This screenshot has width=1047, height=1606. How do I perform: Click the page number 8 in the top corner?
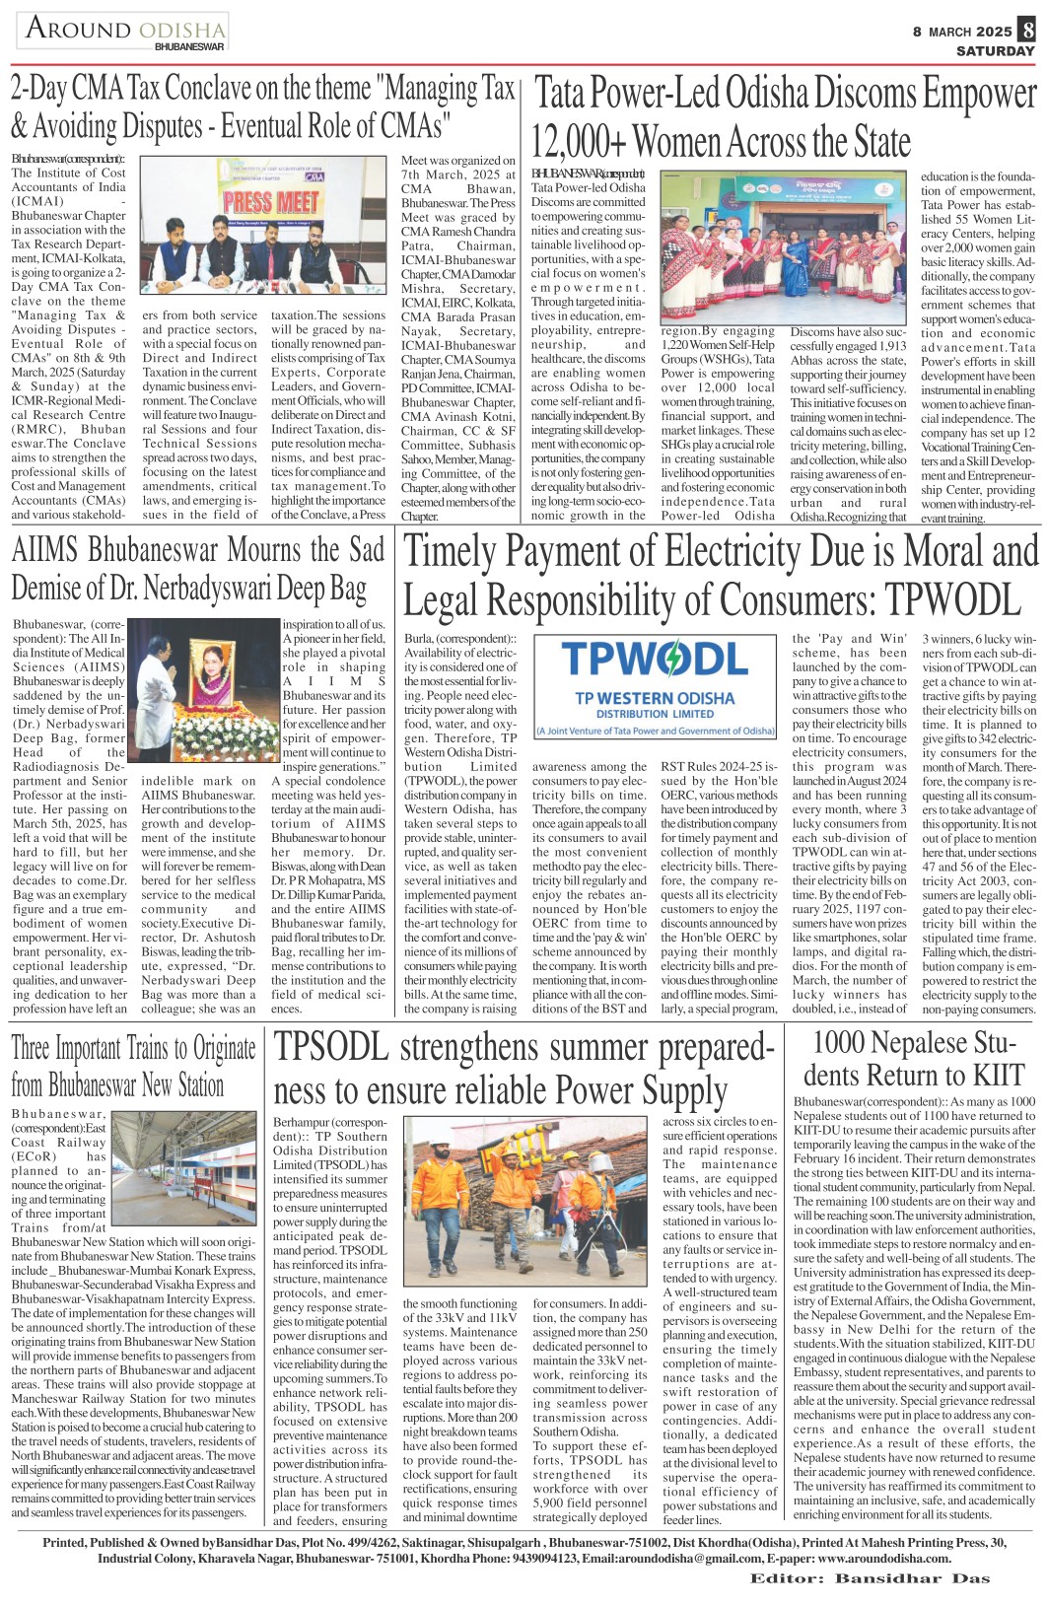pyautogui.click(x=1027, y=30)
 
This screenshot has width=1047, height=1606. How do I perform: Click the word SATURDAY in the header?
pyautogui.click(x=995, y=51)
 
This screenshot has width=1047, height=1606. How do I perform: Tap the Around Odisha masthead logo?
pyautogui.click(x=123, y=32)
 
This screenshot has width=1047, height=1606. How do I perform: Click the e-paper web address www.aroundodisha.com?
pyautogui.click(x=884, y=1559)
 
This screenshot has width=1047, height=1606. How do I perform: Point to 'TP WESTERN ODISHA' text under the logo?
pyautogui.click(x=655, y=698)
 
